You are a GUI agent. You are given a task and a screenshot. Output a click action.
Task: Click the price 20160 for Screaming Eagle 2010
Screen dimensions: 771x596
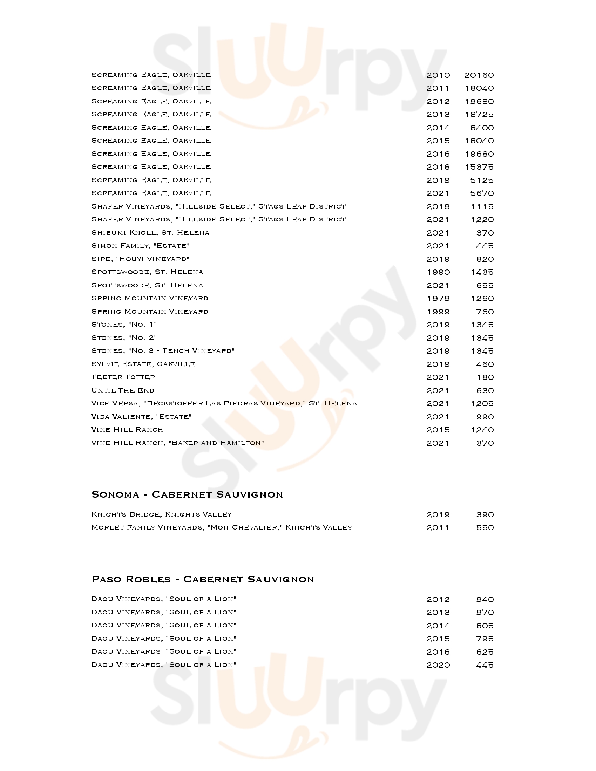click(x=479, y=75)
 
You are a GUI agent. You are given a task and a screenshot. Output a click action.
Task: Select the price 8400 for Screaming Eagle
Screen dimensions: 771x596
click(x=482, y=128)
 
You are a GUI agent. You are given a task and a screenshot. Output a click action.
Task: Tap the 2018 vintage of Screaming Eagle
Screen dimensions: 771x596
click(x=438, y=167)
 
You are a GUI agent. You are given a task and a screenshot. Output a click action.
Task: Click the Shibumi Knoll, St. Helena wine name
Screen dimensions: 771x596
click(x=150, y=233)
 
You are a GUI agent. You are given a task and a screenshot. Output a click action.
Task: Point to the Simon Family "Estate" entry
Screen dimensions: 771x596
click(x=140, y=246)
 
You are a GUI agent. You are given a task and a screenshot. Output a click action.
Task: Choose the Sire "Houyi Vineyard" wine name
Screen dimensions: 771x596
click(x=140, y=259)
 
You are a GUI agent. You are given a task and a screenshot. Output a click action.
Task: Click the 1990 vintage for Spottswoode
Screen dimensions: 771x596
click(x=438, y=272)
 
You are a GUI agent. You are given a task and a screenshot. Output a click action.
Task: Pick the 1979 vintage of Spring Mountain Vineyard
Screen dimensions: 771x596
click(x=438, y=299)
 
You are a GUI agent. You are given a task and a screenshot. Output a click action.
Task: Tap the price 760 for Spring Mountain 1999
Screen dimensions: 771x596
click(x=485, y=312)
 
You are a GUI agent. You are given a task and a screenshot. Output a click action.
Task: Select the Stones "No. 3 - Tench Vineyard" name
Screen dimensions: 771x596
click(x=163, y=351)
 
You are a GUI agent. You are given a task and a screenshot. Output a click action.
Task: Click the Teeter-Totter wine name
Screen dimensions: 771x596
click(x=123, y=377)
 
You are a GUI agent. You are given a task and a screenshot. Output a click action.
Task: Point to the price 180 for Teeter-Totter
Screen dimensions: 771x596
click(x=485, y=377)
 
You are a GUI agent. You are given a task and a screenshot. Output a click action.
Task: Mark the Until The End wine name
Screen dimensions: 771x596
click(x=123, y=390)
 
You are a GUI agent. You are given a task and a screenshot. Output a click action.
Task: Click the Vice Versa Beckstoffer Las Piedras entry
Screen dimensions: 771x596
click(x=224, y=403)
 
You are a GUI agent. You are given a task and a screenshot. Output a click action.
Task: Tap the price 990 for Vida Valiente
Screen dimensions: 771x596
click(x=485, y=417)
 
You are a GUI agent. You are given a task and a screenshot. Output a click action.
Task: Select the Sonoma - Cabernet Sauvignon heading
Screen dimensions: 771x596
click(x=187, y=494)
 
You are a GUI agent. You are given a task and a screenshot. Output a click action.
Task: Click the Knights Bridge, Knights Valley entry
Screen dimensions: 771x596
click(x=161, y=514)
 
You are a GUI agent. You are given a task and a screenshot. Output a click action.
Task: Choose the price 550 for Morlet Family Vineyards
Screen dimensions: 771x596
click(x=485, y=528)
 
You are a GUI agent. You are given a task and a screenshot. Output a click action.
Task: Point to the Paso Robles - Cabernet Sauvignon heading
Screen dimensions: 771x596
click(x=203, y=579)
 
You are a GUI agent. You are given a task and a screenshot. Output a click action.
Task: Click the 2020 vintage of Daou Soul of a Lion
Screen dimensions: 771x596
click(x=438, y=665)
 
